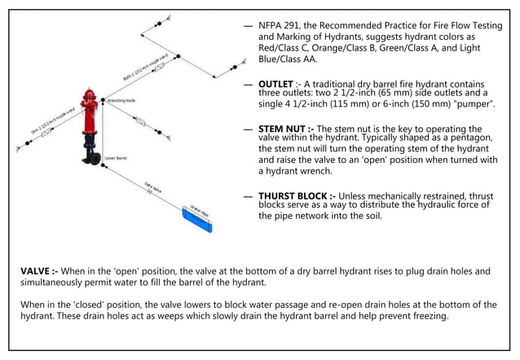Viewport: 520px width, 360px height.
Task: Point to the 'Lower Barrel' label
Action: [116, 157]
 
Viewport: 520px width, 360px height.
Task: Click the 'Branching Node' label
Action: [121, 100]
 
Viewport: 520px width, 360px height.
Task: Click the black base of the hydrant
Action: [89, 151]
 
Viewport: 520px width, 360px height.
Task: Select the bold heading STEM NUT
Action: [285, 129]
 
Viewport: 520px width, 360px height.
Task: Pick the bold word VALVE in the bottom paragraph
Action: [37, 270]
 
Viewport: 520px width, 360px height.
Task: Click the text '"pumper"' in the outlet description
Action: [477, 105]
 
